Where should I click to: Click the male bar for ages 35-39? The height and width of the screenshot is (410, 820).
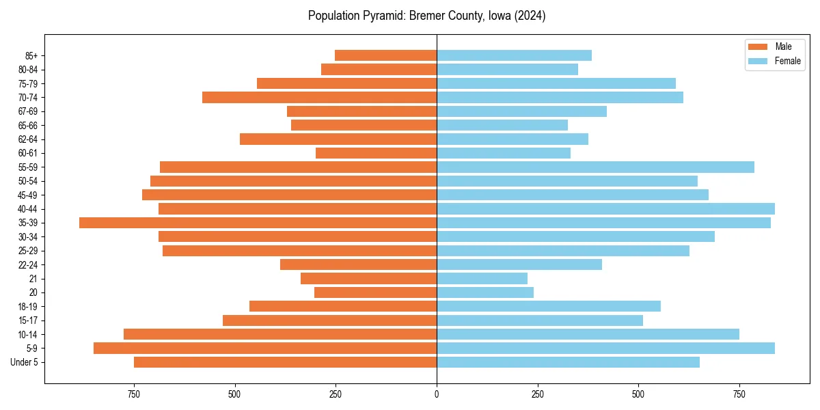(x=258, y=223)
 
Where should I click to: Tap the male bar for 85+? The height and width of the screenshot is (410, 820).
(x=385, y=55)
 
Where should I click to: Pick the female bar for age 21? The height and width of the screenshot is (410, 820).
(x=482, y=278)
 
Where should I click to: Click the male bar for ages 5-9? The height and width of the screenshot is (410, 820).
(x=265, y=348)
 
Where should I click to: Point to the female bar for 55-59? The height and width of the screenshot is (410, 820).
(x=595, y=167)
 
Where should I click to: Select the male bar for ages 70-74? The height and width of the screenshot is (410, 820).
(x=319, y=97)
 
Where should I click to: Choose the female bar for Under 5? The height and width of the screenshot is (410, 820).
(x=568, y=362)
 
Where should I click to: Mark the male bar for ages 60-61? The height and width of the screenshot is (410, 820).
(x=376, y=153)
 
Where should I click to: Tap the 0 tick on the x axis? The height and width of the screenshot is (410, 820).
(x=437, y=394)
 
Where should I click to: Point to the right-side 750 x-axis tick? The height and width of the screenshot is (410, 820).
(x=739, y=394)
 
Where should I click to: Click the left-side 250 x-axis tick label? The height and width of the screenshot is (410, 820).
(x=336, y=394)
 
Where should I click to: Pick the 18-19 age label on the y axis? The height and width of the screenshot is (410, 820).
(x=28, y=306)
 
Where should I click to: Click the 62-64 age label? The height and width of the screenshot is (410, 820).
(x=28, y=139)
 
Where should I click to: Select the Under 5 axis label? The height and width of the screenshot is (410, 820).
(x=24, y=362)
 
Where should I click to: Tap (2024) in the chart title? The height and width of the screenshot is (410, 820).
(x=530, y=16)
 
